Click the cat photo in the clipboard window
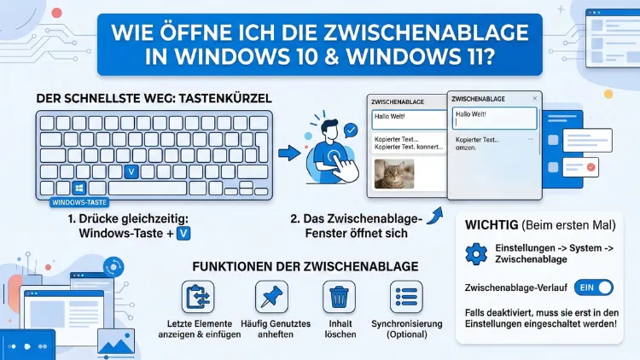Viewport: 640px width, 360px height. pyautogui.click(x=395, y=174)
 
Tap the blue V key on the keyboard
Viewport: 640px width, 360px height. pyautogui.click(x=131, y=171)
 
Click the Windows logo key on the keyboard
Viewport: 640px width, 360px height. pyautogui.click(x=79, y=186)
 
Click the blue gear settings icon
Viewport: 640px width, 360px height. pyautogui.click(x=475, y=254)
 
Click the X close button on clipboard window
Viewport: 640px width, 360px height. pyautogui.click(x=534, y=99)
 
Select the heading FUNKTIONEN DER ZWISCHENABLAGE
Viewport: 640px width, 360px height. pyautogui.click(x=305, y=265)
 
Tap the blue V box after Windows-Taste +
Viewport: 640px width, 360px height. pyautogui.click(x=182, y=232)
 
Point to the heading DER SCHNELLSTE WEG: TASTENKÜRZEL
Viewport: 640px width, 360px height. pyautogui.click(x=154, y=99)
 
